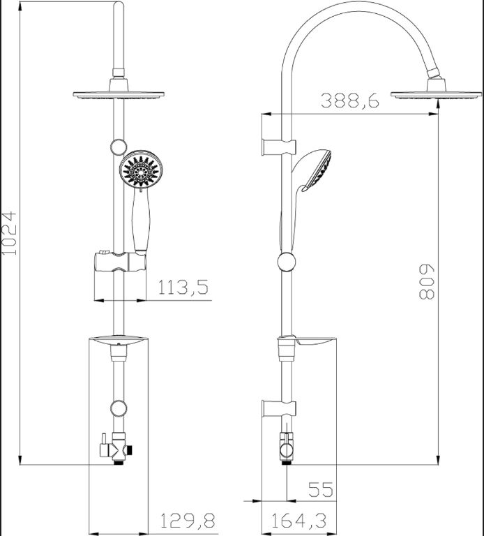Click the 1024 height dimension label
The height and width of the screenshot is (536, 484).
[9, 233]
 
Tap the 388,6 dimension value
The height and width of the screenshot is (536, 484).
[350, 100]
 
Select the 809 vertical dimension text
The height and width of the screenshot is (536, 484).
[427, 282]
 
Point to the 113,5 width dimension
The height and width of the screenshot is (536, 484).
[183, 287]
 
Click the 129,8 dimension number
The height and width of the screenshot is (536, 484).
[188, 521]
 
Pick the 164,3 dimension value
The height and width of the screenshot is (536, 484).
[299, 521]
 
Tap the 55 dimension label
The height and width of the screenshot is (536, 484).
[320, 489]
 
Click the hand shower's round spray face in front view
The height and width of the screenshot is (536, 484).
[142, 169]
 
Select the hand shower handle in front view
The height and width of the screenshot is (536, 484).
[141, 221]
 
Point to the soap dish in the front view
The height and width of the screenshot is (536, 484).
[118, 340]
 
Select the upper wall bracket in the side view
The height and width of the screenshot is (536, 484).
[278, 147]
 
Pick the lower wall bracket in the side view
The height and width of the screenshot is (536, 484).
[278, 408]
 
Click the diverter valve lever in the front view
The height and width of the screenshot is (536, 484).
[104, 445]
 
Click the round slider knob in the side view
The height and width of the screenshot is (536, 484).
[287, 262]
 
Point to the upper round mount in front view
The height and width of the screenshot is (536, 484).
[119, 147]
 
